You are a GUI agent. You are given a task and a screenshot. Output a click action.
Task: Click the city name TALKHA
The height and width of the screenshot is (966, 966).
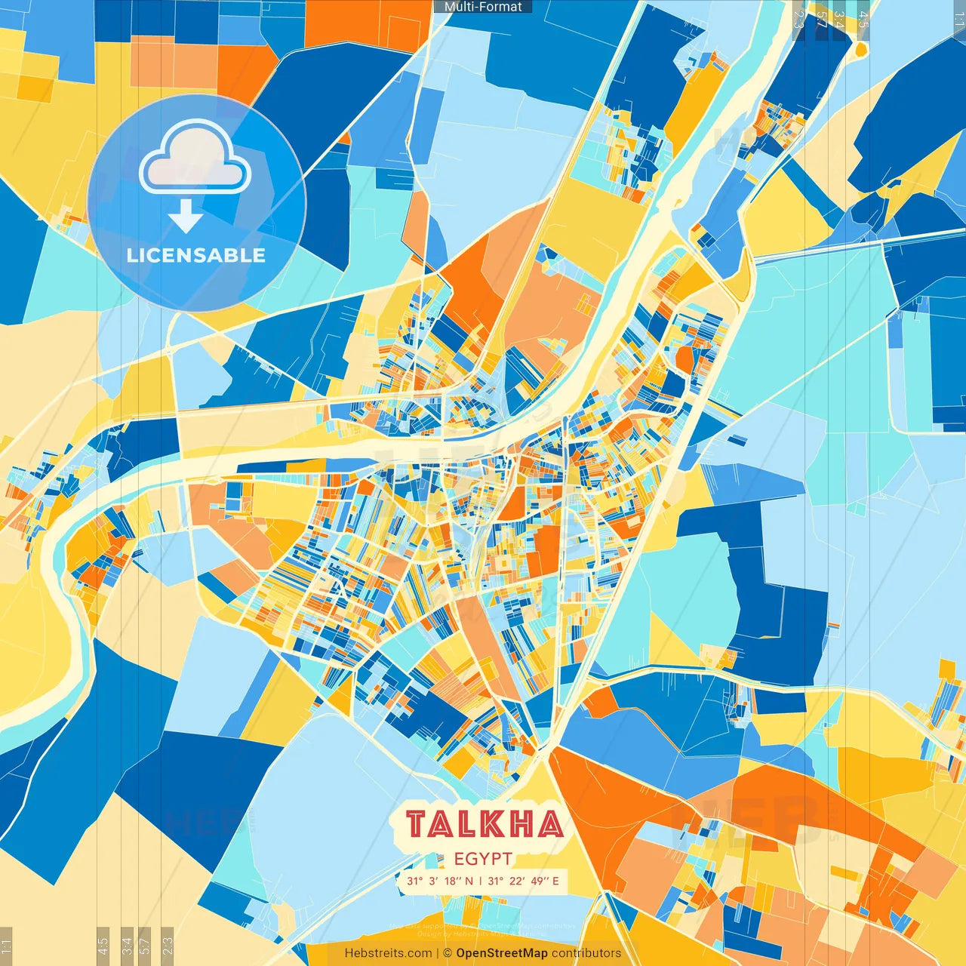pos(485,824)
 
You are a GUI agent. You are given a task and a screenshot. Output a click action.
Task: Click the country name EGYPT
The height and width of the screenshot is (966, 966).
pos(484,859)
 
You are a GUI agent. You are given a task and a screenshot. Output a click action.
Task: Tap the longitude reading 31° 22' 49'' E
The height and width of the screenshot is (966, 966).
pos(524,881)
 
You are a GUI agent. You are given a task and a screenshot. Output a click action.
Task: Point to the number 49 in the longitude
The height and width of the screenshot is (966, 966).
pos(538,881)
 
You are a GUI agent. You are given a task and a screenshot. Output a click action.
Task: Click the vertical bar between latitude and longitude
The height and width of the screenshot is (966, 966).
pos(481,881)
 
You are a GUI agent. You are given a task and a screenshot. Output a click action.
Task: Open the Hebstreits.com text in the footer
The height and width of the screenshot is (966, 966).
pos(389,953)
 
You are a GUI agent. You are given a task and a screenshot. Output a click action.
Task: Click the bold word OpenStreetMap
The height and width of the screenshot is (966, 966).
pos(502,953)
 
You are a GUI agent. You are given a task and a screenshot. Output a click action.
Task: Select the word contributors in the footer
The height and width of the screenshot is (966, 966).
pos(586,953)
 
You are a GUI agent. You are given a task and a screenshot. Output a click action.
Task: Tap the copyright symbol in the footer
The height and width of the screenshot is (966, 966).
pos(448,953)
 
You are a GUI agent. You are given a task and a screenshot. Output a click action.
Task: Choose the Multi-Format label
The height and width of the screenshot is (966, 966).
pos(483,7)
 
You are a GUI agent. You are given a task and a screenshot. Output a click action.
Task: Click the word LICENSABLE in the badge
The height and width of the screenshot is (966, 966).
pos(196,255)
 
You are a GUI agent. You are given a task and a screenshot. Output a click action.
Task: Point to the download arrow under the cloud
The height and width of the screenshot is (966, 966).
pos(186,220)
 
